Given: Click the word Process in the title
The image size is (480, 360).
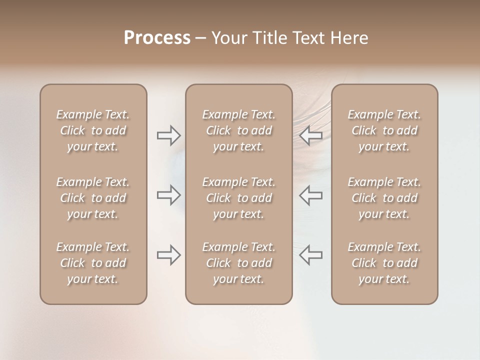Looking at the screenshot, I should [x=157, y=38].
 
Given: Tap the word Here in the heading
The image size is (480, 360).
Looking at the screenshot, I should [x=349, y=38].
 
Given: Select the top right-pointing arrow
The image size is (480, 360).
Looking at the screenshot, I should [x=168, y=135].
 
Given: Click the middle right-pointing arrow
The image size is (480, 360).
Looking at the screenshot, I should [x=168, y=194].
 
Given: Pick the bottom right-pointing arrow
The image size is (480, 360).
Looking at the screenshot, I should [x=168, y=254].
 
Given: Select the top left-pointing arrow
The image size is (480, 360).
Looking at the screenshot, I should [x=311, y=135].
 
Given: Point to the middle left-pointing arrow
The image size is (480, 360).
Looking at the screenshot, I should [x=311, y=194].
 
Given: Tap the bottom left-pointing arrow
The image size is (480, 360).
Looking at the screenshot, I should [x=311, y=254].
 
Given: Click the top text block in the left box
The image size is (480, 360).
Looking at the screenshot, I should [x=93, y=130].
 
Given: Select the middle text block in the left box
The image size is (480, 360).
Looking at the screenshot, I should [x=93, y=198].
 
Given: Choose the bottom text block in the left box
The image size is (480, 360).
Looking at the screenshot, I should [x=93, y=263].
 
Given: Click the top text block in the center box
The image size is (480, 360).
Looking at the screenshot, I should [x=239, y=130].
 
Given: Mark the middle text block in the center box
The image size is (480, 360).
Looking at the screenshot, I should [x=239, y=198].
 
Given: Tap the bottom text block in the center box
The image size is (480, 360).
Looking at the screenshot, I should [x=239, y=263].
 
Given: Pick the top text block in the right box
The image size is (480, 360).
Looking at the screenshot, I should [x=384, y=130].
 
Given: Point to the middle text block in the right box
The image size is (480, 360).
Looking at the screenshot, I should [x=384, y=198].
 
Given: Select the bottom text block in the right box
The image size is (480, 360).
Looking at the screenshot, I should [x=384, y=263].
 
